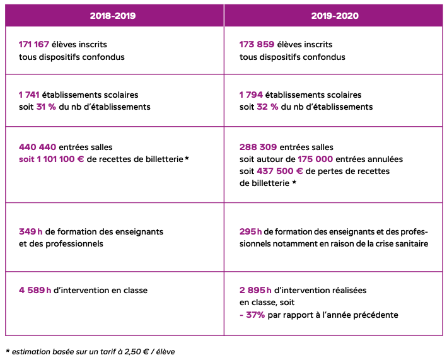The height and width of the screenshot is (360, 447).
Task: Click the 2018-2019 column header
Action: click(114, 16)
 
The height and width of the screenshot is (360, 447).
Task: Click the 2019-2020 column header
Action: click(334, 16)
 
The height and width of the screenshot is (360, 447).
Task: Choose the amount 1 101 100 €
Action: click(58, 159)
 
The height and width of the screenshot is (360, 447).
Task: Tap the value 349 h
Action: click(31, 231)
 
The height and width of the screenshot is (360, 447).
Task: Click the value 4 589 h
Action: click(35, 291)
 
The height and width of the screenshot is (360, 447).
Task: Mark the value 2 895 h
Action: click(255, 291)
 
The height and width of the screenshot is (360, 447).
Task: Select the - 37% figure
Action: click(252, 315)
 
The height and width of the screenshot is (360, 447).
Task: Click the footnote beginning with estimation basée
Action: click(90, 351)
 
